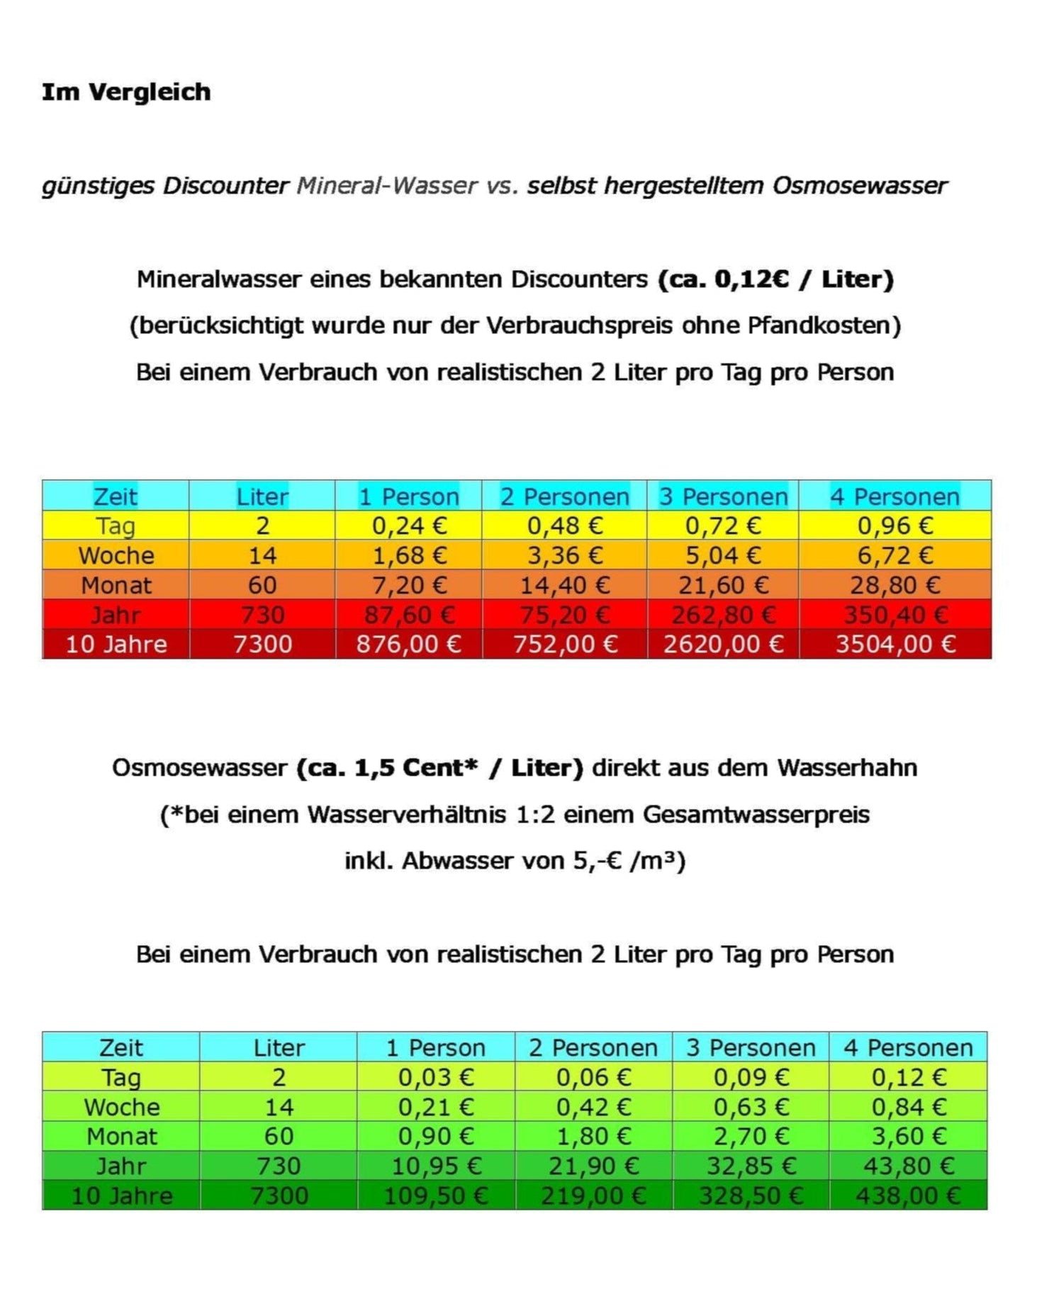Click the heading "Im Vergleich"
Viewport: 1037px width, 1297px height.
126,92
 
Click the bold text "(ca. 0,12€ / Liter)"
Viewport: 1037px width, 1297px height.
775,279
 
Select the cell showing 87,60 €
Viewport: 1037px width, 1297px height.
408,615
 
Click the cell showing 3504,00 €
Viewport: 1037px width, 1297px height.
895,644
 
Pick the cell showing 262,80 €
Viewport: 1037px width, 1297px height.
723,615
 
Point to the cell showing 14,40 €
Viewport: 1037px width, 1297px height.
564,585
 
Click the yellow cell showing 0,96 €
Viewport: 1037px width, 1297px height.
895,525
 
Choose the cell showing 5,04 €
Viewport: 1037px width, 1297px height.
723,555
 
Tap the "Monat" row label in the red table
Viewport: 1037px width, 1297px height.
116,585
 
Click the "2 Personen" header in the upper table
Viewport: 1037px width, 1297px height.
564,496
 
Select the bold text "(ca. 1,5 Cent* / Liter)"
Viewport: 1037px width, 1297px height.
439,768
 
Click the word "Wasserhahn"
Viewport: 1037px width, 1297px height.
847,768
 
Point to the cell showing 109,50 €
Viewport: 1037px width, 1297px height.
435,1196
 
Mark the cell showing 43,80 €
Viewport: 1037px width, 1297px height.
908,1167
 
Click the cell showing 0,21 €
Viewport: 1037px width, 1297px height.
435,1107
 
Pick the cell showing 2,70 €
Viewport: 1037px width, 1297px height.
751,1137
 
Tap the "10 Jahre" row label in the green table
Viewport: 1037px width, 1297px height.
121,1196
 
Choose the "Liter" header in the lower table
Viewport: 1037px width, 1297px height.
279,1047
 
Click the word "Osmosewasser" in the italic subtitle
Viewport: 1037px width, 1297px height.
859,186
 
